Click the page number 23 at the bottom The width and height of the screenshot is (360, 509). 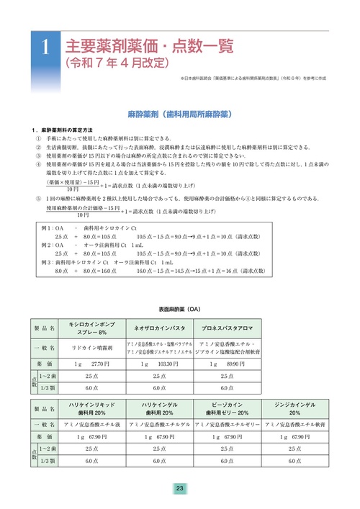tap(179, 489)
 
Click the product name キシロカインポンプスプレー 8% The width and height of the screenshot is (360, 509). tap(91, 328)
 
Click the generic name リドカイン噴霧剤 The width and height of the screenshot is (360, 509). tap(91, 347)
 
